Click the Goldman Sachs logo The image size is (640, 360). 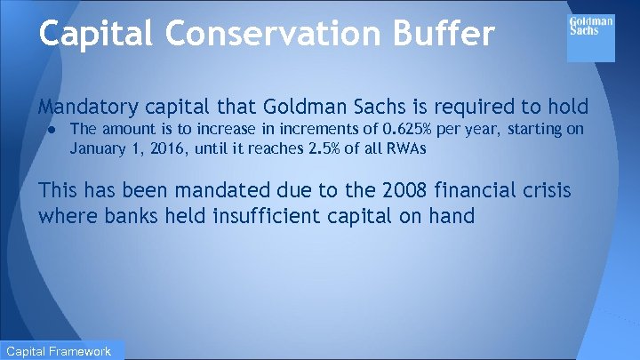click(x=591, y=36)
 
